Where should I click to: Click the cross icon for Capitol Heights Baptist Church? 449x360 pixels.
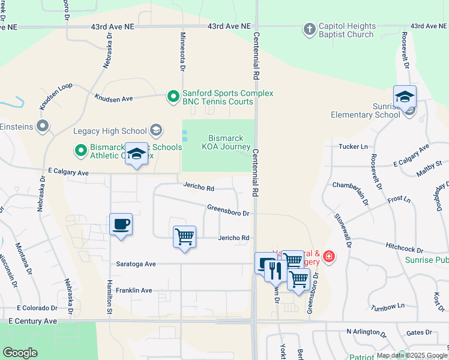click(309, 29)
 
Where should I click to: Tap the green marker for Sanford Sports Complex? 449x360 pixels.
click(173, 96)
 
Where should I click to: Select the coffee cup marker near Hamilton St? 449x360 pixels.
click(121, 225)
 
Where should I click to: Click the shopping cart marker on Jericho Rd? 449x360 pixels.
click(184, 237)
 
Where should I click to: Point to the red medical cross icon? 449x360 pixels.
click(328, 257)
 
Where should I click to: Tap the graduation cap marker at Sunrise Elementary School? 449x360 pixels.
click(405, 97)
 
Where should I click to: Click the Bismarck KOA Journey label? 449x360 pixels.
click(229, 142)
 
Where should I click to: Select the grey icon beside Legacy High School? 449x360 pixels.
click(156, 130)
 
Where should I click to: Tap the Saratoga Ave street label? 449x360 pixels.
click(136, 264)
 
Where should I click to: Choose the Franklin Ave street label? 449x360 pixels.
click(134, 290)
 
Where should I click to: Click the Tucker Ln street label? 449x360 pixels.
click(353, 146)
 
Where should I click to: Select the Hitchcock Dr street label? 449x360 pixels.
click(405, 249)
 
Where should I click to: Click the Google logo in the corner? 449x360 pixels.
click(20, 353)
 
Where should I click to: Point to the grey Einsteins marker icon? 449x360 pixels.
click(43, 126)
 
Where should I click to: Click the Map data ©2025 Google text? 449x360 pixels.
click(411, 355)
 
